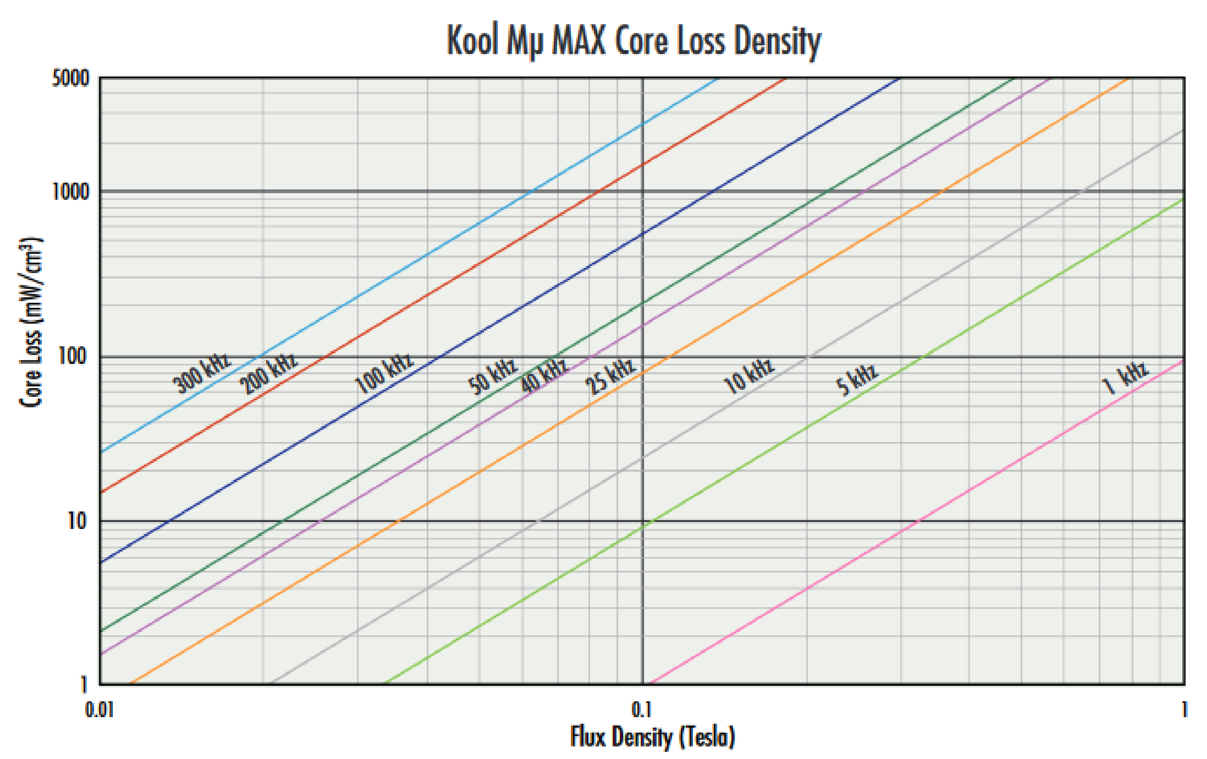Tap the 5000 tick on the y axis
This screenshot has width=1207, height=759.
pyautogui.click(x=71, y=78)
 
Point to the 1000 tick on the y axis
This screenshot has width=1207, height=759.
pyautogui.click(x=71, y=191)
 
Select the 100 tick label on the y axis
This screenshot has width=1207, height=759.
pyautogui.click(x=73, y=356)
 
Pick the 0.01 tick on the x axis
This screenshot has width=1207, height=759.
pyautogui.click(x=99, y=710)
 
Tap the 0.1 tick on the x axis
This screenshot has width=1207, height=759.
pyautogui.click(x=642, y=710)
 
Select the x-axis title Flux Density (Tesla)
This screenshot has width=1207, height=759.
pyautogui.click(x=652, y=737)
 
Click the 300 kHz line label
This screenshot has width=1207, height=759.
pyautogui.click(x=201, y=373)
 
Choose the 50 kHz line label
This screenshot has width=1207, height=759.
pyautogui.click(x=492, y=376)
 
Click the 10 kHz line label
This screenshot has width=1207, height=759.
pyautogui.click(x=749, y=376)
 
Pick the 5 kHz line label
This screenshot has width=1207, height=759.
pyautogui.click(x=857, y=379)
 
